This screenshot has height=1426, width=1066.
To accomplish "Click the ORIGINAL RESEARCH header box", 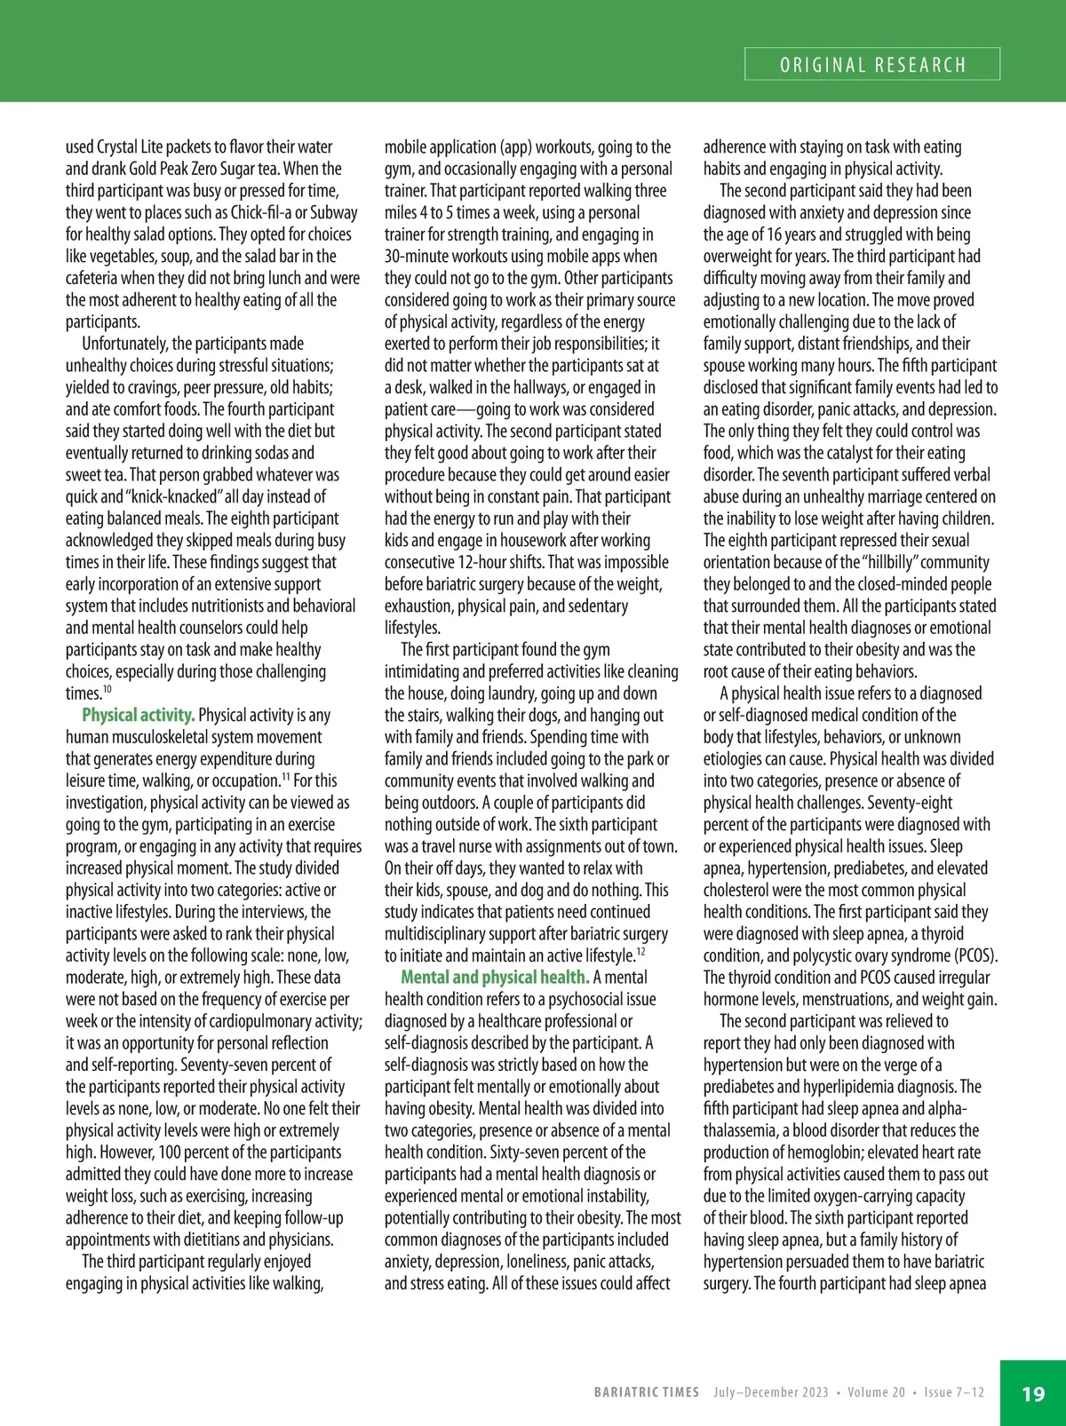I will point(872,65).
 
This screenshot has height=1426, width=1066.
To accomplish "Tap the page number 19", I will point(1033,1393).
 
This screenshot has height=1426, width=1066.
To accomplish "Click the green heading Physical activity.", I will point(139,715).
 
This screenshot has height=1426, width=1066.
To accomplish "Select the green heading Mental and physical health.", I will point(495,978).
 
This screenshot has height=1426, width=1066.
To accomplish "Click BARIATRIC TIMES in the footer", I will point(647,1392).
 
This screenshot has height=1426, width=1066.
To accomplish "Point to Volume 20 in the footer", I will point(876,1392).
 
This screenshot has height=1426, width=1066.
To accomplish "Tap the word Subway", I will point(331,212).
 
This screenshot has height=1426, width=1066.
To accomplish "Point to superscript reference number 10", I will point(107,690).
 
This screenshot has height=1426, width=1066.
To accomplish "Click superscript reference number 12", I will point(640,952).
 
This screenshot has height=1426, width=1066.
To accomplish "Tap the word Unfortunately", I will point(123,344).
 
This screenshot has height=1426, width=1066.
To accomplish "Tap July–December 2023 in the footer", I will point(770,1392).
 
